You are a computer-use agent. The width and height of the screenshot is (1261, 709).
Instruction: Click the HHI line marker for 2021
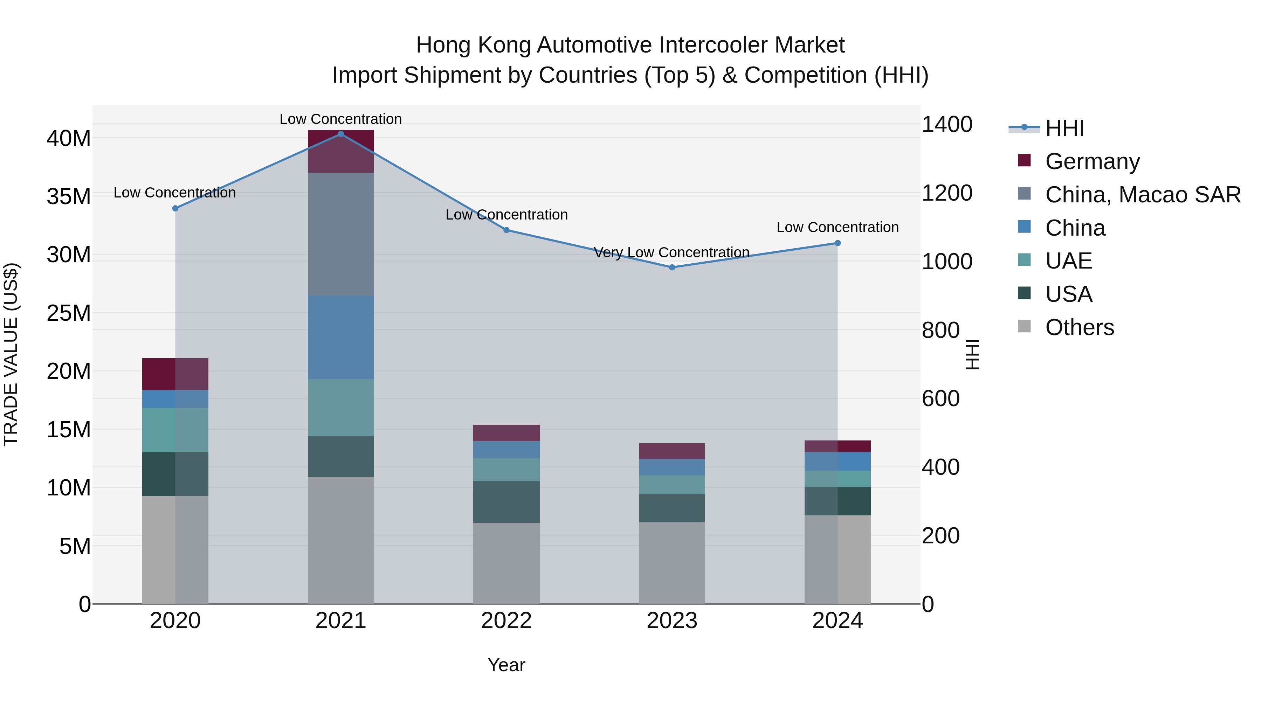click(341, 134)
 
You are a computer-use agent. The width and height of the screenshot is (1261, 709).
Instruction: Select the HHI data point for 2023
click(671, 267)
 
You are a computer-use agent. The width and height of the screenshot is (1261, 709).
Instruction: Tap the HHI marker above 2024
click(837, 243)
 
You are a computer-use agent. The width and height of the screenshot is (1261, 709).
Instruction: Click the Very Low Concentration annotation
click(671, 252)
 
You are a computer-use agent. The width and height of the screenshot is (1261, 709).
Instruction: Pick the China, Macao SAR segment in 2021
click(341, 234)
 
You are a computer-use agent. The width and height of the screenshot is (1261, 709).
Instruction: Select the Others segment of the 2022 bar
click(506, 563)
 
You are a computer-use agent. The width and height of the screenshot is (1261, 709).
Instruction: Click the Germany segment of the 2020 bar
click(175, 374)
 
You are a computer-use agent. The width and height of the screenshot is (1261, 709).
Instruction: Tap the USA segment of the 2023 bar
click(671, 508)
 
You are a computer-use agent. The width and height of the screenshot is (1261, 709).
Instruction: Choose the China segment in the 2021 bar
click(341, 337)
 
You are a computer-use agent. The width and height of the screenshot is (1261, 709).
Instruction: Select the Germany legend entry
click(1092, 161)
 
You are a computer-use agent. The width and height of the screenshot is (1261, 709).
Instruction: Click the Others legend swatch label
click(1080, 327)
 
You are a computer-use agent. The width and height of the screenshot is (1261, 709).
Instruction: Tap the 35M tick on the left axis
click(69, 197)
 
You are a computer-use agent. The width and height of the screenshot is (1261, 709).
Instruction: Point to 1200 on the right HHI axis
click(947, 193)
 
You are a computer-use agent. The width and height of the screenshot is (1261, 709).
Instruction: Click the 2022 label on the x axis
click(506, 621)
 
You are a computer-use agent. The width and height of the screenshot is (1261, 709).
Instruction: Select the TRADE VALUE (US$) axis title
click(11, 354)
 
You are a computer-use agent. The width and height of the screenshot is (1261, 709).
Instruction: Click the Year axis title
click(506, 665)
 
